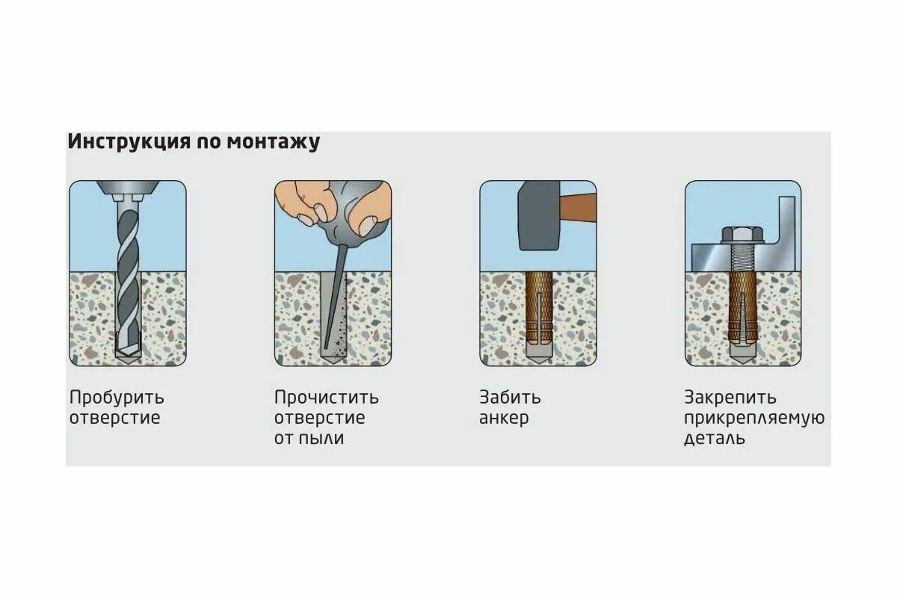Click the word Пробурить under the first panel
coord(117,397)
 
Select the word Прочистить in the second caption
coord(326,397)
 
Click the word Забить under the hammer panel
coord(510,397)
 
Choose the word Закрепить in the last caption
coord(730,397)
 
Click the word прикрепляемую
coord(753,418)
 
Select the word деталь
coord(714,438)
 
